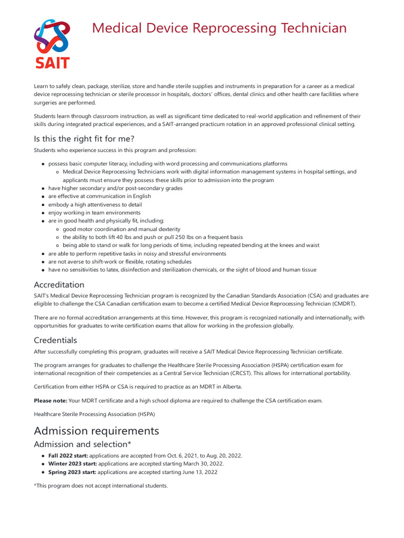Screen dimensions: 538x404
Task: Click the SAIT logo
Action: click(x=52, y=44)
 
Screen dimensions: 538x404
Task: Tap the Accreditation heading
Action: click(x=59, y=284)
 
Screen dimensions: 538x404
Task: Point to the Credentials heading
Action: click(x=55, y=340)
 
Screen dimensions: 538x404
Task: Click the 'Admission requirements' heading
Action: click(x=96, y=431)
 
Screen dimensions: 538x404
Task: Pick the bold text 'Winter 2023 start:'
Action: click(x=72, y=464)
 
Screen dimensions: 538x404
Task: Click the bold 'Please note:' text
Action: click(x=50, y=401)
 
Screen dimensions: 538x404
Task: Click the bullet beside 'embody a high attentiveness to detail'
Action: click(x=42, y=204)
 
